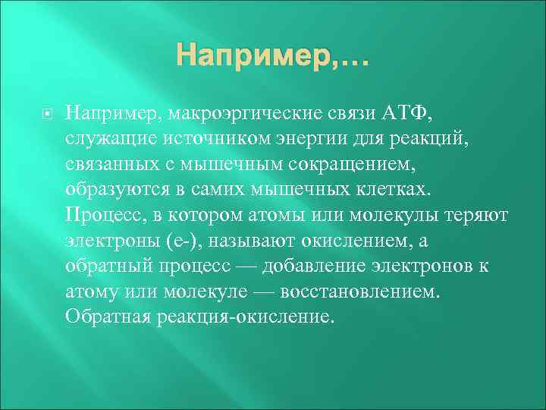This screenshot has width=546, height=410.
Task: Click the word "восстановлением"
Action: [x=359, y=292]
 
